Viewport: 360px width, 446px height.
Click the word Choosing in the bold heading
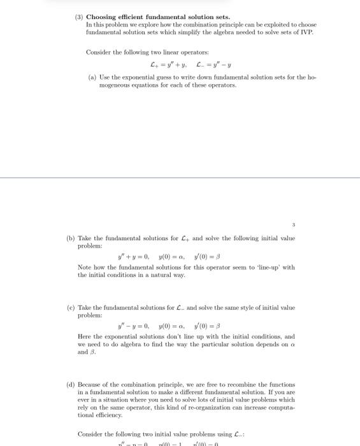tap(102, 17)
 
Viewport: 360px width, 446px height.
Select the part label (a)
tap(92, 77)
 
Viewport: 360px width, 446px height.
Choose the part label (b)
tap(71, 238)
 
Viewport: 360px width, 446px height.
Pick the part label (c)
tap(71, 308)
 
